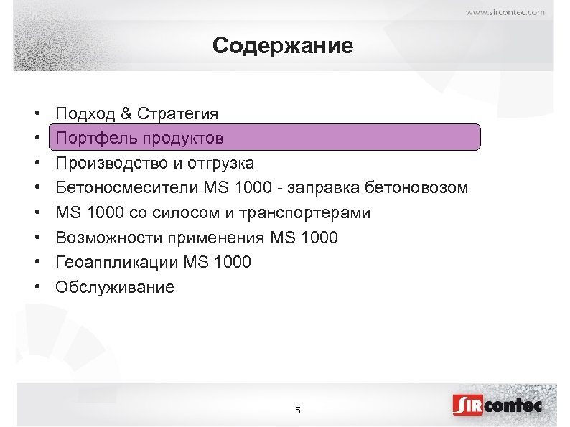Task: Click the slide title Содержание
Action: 283,47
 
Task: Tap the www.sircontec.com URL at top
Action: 505,11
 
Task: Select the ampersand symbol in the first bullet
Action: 126,113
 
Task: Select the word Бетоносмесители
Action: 122,188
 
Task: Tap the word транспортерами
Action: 312,213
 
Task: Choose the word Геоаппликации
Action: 117,263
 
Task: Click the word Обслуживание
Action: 115,288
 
